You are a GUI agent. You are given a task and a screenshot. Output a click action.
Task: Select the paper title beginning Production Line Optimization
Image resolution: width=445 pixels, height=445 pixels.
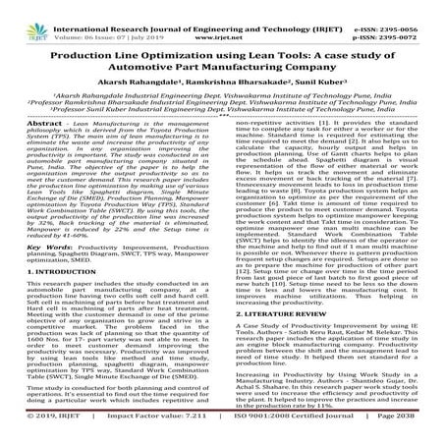coord(222,45)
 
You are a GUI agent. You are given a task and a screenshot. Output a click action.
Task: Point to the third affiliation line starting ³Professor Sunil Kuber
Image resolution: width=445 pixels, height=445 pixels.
coord(222,111)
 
